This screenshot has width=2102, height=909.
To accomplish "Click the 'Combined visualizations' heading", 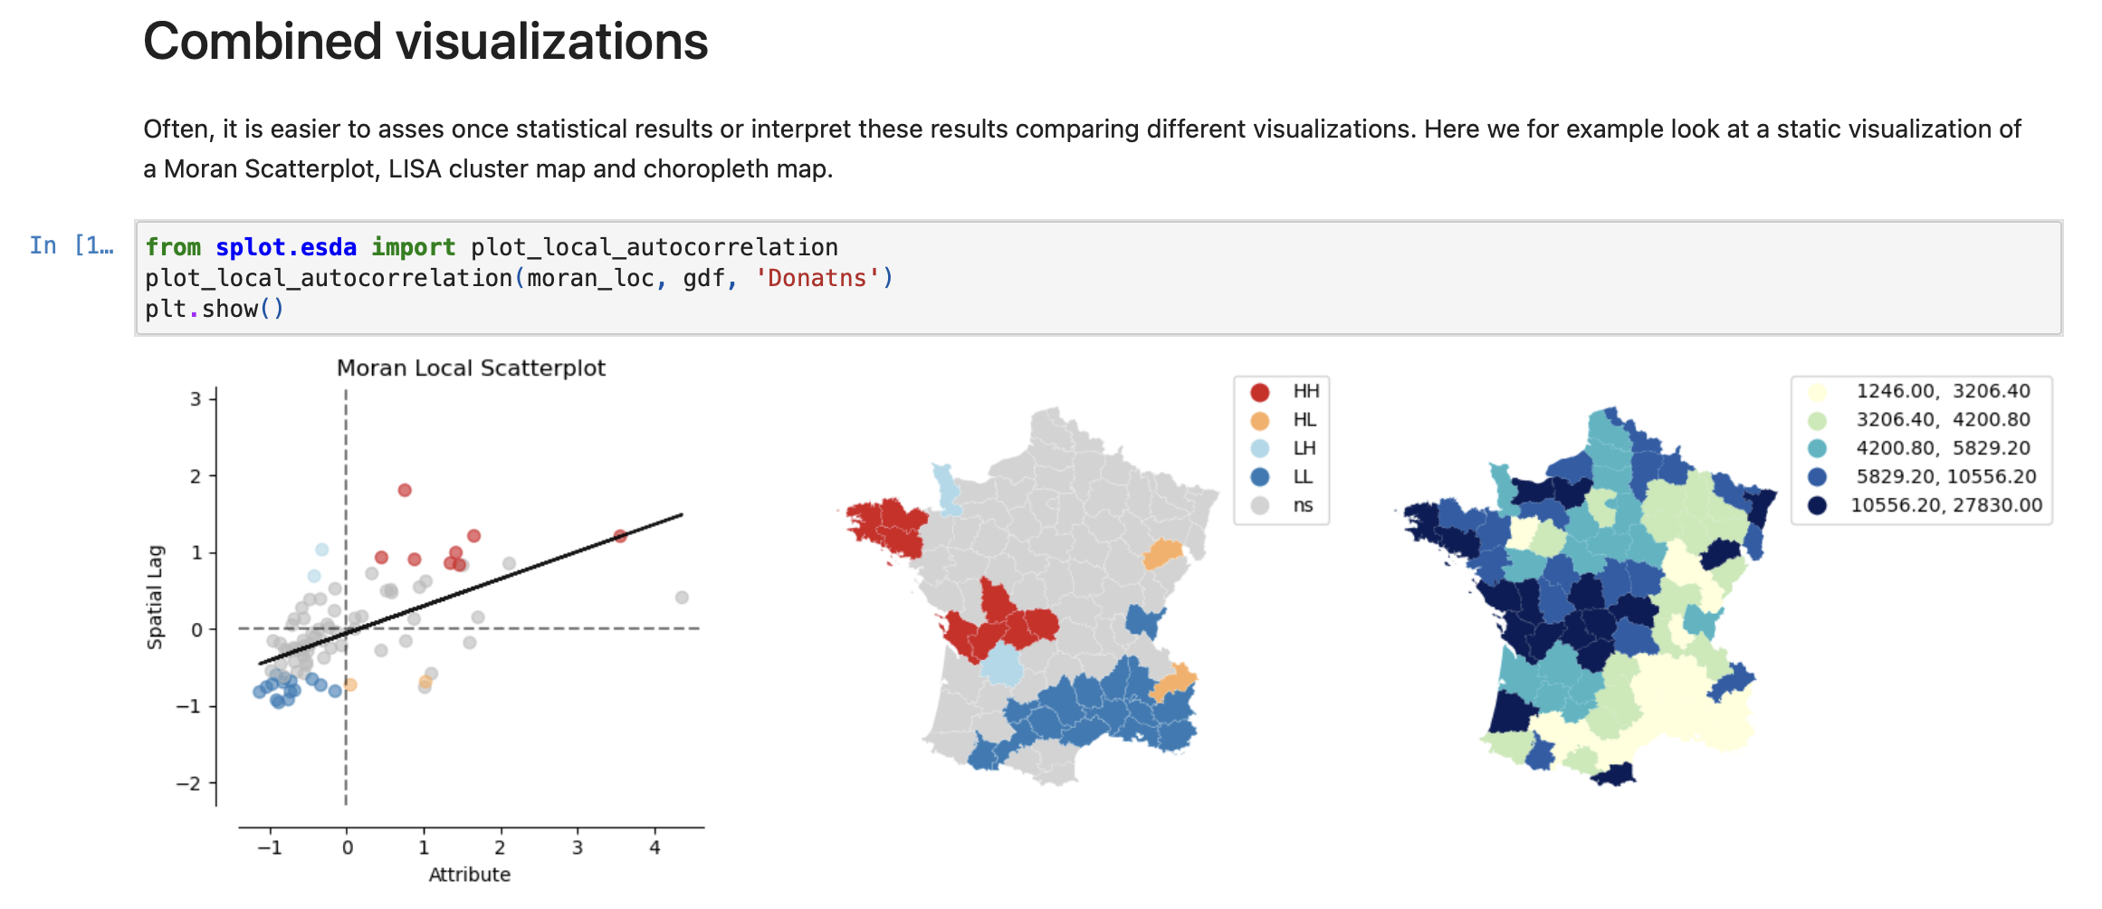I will [x=425, y=42].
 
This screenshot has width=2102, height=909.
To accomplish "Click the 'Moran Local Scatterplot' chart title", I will [x=471, y=368].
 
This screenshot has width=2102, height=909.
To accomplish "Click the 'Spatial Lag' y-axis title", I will [x=155, y=598].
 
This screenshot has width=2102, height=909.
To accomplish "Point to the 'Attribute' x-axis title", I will [x=469, y=875].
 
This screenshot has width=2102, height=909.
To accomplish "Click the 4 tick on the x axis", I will [x=654, y=848].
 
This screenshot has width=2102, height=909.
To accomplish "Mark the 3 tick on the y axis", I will [x=196, y=398].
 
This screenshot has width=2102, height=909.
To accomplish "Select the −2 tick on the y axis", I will [x=189, y=783].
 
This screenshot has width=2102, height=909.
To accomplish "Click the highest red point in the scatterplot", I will [x=405, y=490].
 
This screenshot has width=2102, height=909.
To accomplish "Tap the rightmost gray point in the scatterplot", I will [x=682, y=598].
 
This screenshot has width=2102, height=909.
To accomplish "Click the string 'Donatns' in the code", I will [x=817, y=278].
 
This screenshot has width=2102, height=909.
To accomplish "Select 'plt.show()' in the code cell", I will [x=215, y=309].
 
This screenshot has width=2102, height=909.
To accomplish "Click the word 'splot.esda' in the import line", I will [x=286, y=247].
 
